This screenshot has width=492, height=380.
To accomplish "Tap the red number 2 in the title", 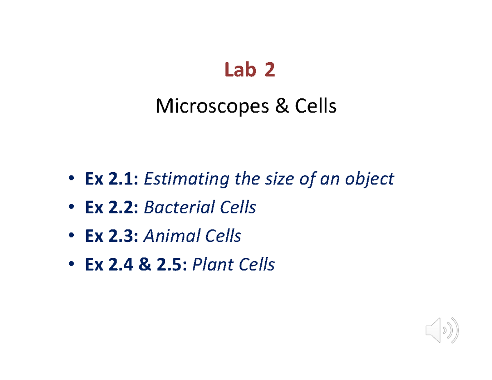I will (x=269, y=71).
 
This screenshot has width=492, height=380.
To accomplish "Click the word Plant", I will (x=210, y=265).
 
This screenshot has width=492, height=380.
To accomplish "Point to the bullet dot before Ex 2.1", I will (x=71, y=179).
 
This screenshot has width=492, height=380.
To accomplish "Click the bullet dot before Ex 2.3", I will (x=71, y=236).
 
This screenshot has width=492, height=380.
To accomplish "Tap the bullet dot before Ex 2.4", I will (x=71, y=265).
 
